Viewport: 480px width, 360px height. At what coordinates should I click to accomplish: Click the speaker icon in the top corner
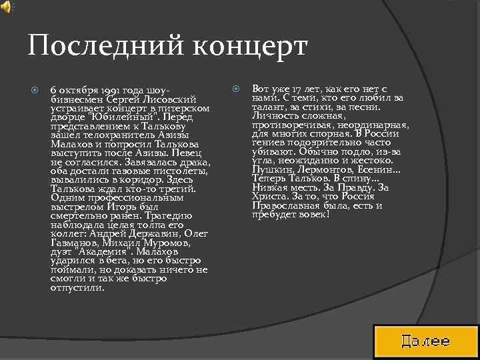coord(6,7)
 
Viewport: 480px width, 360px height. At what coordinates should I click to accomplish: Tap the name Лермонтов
coord(321,169)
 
